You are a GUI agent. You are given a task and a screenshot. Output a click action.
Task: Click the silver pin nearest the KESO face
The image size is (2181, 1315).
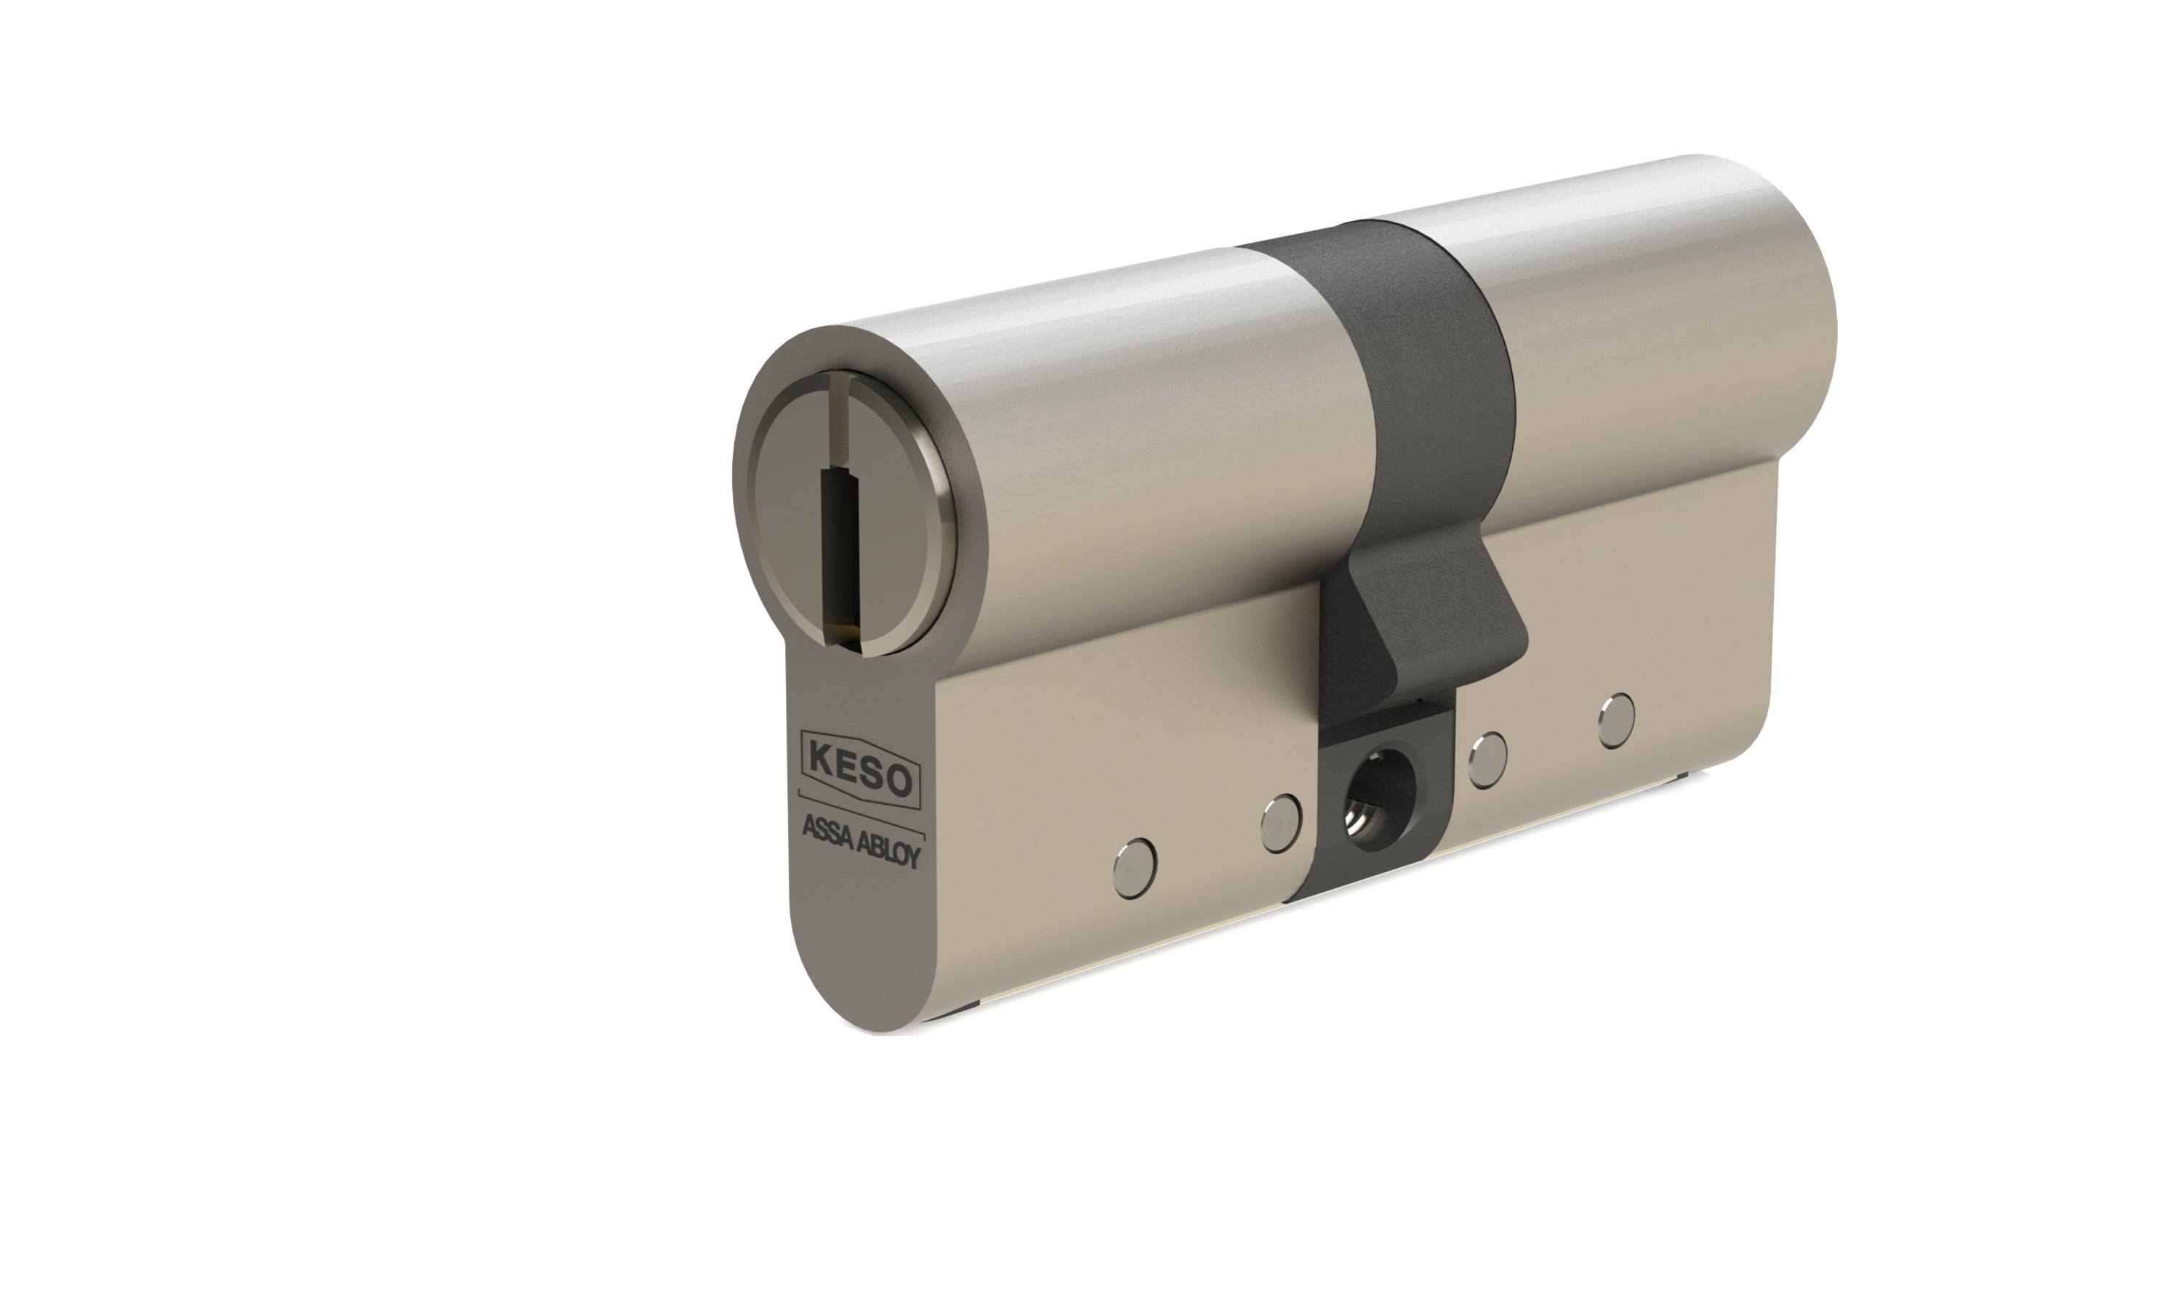click(1135, 860)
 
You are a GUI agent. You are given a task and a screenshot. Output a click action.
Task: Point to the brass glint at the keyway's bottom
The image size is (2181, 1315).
click(851, 631)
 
